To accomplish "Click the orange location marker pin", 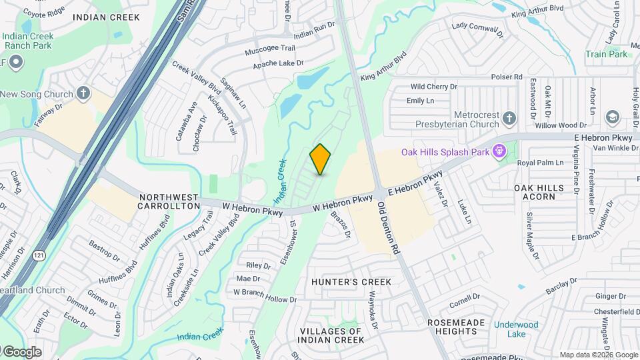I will tap(320, 159).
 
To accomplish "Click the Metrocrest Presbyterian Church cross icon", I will tap(509, 119).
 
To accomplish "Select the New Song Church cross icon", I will tap(83, 93).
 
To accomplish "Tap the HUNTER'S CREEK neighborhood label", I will tap(351, 282).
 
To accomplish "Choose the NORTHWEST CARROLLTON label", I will tap(169, 201).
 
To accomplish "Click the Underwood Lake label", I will tap(515, 330).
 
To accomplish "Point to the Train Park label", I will tap(607, 54).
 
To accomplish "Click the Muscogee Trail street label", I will tap(269, 49).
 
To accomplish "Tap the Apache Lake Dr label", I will tap(278, 65).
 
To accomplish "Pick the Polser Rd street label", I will tap(507, 77).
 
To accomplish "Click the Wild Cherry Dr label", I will tap(433, 87).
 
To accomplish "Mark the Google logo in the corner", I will tap(21, 351).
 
